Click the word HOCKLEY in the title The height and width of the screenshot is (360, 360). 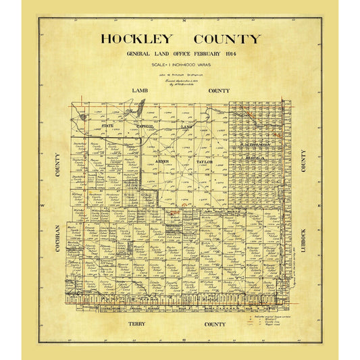point(137,39)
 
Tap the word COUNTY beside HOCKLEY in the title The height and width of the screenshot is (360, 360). point(226,39)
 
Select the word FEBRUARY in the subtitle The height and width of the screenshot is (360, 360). point(206,54)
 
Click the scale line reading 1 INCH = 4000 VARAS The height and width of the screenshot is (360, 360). point(180,64)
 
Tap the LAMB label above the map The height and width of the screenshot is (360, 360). point(140,90)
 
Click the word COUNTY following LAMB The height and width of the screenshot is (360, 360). point(219,90)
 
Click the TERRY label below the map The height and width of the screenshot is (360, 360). point(137,324)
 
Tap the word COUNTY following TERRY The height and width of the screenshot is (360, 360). point(215,324)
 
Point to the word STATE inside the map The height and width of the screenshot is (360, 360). point(107,126)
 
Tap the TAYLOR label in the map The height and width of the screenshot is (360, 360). point(204,162)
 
